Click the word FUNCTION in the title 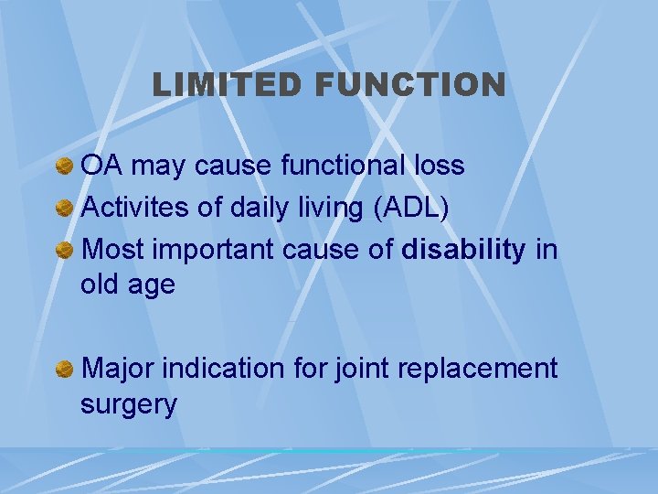409,85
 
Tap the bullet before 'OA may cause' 64,166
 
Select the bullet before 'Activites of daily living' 64,208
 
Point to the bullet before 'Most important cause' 64,250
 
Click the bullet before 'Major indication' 64,369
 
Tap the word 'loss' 439,166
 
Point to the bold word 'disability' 463,250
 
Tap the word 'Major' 118,369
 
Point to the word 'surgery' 129,404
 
